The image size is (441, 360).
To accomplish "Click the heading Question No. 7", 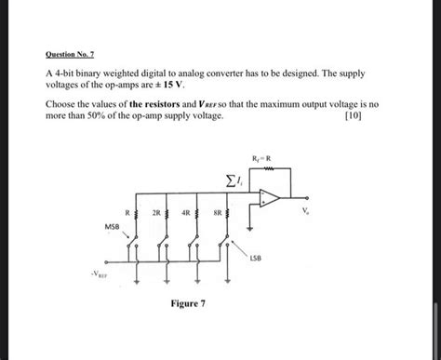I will [70, 54].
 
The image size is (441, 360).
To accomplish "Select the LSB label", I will [256, 258].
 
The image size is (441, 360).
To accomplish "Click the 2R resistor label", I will [157, 212].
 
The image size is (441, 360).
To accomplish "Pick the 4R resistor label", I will [188, 212].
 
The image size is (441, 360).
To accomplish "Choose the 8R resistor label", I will [218, 212].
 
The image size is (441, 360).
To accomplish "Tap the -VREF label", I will [98, 275].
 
